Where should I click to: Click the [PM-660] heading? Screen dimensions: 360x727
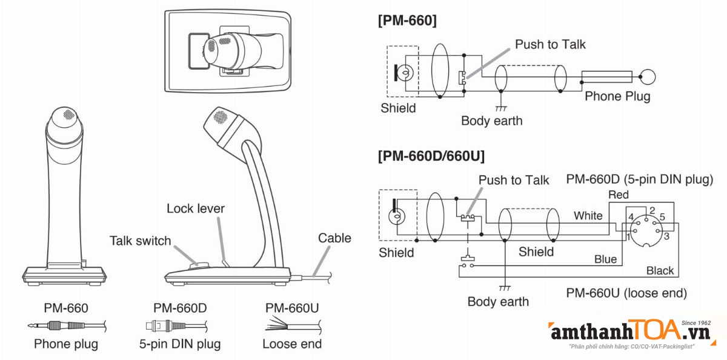(407, 21)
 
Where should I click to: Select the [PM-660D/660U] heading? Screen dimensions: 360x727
(431, 156)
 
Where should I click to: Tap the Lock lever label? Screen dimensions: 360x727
(196, 209)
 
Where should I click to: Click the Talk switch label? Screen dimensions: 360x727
(141, 241)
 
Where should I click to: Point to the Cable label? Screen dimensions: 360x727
(334, 238)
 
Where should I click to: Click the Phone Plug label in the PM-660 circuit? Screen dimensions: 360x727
(617, 96)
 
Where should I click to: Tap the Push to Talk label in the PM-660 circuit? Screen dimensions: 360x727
(550, 44)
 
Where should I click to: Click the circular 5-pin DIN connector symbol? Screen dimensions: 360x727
(646, 228)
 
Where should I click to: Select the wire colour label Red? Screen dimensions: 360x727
(619, 195)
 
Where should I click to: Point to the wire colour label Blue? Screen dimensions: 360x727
(605, 259)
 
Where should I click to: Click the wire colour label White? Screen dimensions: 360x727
(588, 216)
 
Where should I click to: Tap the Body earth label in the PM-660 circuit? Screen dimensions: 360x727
(491, 121)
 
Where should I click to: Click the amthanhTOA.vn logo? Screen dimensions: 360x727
(628, 333)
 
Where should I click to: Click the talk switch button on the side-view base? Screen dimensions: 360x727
(199, 265)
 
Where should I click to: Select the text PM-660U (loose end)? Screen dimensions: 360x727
(626, 293)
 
